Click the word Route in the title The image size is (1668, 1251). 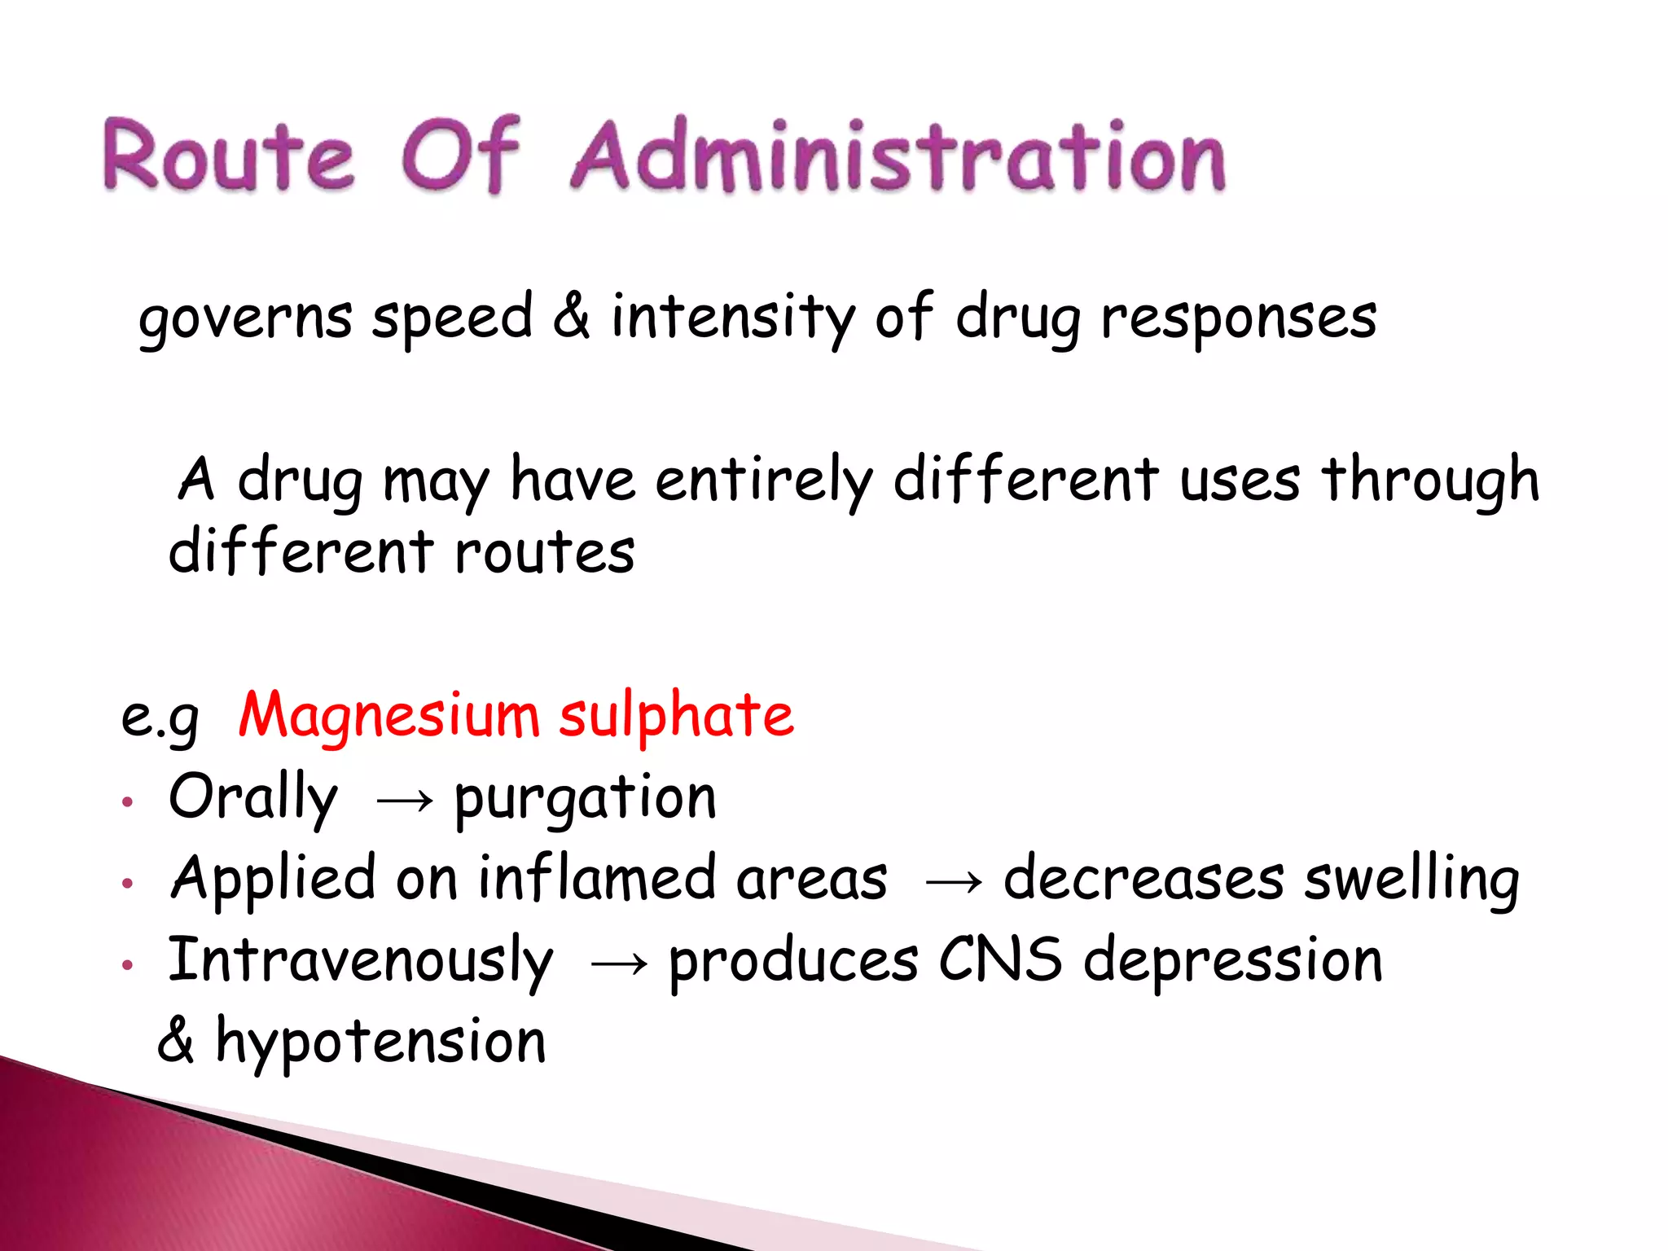[x=229, y=156]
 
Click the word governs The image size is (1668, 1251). [x=245, y=318]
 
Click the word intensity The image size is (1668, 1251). [x=733, y=317]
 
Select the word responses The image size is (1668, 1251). [x=1239, y=318]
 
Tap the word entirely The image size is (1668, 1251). [x=764, y=481]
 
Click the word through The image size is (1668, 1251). [x=1431, y=481]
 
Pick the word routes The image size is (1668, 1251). [x=544, y=553]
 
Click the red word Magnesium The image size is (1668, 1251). [x=388, y=715]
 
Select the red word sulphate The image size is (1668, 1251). [x=676, y=715]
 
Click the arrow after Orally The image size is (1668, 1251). [x=405, y=801]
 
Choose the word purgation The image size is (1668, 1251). [x=586, y=798]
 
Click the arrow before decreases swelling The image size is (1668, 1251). [x=954, y=882]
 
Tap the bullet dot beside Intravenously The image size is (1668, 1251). [x=127, y=965]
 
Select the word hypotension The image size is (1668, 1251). [x=380, y=1042]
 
